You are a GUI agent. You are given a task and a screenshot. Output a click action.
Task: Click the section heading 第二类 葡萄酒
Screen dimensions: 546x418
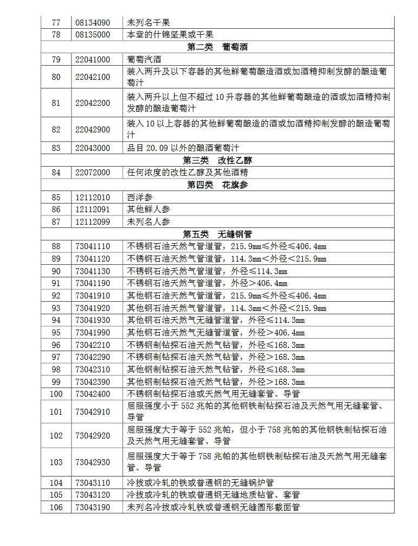coord(217,47)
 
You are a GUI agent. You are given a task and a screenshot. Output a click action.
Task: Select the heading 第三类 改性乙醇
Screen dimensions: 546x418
coord(217,161)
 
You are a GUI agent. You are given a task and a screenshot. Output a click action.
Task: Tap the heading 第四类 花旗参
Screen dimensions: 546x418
coord(217,185)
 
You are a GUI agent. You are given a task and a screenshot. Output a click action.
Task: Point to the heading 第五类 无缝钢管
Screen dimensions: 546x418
coord(217,234)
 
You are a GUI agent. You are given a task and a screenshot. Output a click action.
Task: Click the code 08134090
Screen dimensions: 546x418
coord(93,23)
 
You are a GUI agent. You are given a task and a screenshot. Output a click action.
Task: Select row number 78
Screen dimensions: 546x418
coord(56,35)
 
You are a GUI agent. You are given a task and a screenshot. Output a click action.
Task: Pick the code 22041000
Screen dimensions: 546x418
coord(93,60)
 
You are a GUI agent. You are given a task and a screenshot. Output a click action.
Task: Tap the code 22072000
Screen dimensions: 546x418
coord(93,173)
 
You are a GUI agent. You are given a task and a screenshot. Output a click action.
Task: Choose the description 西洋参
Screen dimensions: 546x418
coord(140,198)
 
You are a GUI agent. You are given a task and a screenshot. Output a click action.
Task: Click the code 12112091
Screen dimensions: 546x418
coord(93,209)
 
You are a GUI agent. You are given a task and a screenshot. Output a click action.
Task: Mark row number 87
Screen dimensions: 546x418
coord(56,222)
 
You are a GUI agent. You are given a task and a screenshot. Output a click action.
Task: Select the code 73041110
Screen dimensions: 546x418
coord(93,246)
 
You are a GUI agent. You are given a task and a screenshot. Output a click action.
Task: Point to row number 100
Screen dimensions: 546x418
coord(56,394)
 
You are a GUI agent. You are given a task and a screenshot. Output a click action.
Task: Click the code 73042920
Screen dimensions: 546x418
coord(93,436)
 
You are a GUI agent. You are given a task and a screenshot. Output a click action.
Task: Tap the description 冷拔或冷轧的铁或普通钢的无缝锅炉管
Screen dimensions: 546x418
coord(201,483)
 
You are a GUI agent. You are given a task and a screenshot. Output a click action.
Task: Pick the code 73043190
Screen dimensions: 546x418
coord(93,507)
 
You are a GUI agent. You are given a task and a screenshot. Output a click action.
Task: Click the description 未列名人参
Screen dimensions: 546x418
coord(148,222)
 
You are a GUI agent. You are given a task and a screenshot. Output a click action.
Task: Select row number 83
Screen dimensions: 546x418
coord(56,148)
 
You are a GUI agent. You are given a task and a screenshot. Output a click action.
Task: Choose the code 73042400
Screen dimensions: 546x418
coord(93,394)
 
